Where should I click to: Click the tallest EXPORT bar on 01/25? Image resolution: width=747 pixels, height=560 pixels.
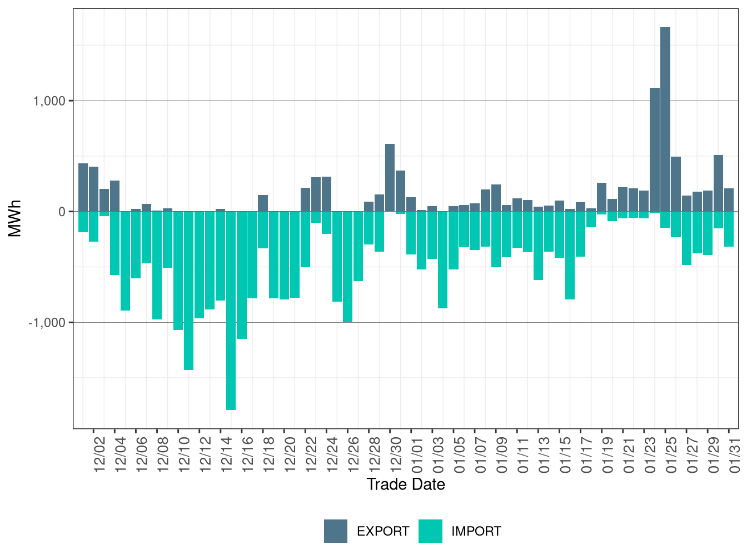pyautogui.click(x=665, y=119)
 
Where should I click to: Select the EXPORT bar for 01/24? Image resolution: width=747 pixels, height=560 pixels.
pyautogui.click(x=655, y=150)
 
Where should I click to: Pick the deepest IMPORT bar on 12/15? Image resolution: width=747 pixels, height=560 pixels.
pyautogui.click(x=231, y=311)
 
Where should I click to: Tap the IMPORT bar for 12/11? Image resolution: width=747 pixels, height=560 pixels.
pyautogui.click(x=188, y=291)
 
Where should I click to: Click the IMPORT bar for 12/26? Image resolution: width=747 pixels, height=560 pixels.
pyautogui.click(x=347, y=267)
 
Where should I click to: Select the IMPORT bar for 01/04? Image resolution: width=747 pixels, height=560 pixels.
pyautogui.click(x=442, y=259)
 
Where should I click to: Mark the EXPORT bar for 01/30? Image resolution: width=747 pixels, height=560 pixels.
pyautogui.click(x=718, y=183)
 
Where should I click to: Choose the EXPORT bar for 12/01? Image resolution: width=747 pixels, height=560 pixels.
pyautogui.click(x=83, y=187)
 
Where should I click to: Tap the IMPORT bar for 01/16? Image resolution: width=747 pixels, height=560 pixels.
pyautogui.click(x=570, y=256)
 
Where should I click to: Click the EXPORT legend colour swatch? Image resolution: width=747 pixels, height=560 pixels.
pyautogui.click(x=336, y=531)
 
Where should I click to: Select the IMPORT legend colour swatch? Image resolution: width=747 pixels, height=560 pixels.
pyautogui.click(x=430, y=531)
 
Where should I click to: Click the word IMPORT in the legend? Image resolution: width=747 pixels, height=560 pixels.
pyautogui.click(x=476, y=532)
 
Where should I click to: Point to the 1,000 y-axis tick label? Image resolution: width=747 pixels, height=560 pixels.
pyautogui.click(x=49, y=101)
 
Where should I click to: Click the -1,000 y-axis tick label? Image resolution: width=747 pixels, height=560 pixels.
pyautogui.click(x=47, y=323)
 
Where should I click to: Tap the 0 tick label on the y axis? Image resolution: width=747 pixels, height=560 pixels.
pyautogui.click(x=62, y=212)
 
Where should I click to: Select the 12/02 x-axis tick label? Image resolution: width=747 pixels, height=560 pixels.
pyautogui.click(x=99, y=455)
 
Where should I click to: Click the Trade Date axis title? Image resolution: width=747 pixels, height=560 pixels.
pyautogui.click(x=406, y=484)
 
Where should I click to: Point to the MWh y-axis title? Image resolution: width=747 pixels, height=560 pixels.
pyautogui.click(x=15, y=218)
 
